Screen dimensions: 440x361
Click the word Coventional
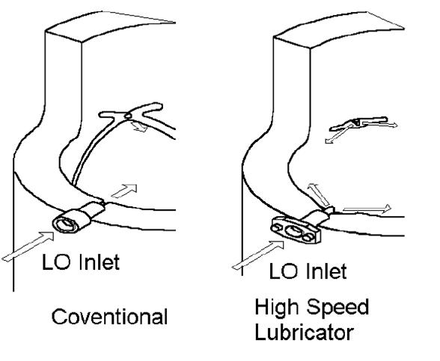point(110,317)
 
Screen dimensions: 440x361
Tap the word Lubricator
point(304,333)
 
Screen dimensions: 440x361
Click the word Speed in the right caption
point(337,307)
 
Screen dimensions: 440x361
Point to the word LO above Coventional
point(55,262)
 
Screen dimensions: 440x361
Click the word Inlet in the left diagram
point(100,262)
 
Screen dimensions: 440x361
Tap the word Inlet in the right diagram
point(327,271)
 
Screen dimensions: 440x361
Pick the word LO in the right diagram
point(283,271)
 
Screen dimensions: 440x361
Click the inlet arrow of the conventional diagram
point(28,246)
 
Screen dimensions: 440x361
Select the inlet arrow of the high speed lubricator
point(257,255)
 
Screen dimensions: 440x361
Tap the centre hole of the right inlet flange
point(294,232)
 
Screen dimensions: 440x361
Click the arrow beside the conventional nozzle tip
point(124,191)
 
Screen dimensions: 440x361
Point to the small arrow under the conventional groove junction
point(139,127)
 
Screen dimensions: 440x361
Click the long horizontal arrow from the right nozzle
point(367,209)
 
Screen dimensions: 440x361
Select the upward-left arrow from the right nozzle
point(318,194)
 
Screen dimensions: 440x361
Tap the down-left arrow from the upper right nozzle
point(338,135)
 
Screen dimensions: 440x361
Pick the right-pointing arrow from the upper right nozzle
point(379,123)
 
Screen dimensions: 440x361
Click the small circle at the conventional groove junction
point(128,115)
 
